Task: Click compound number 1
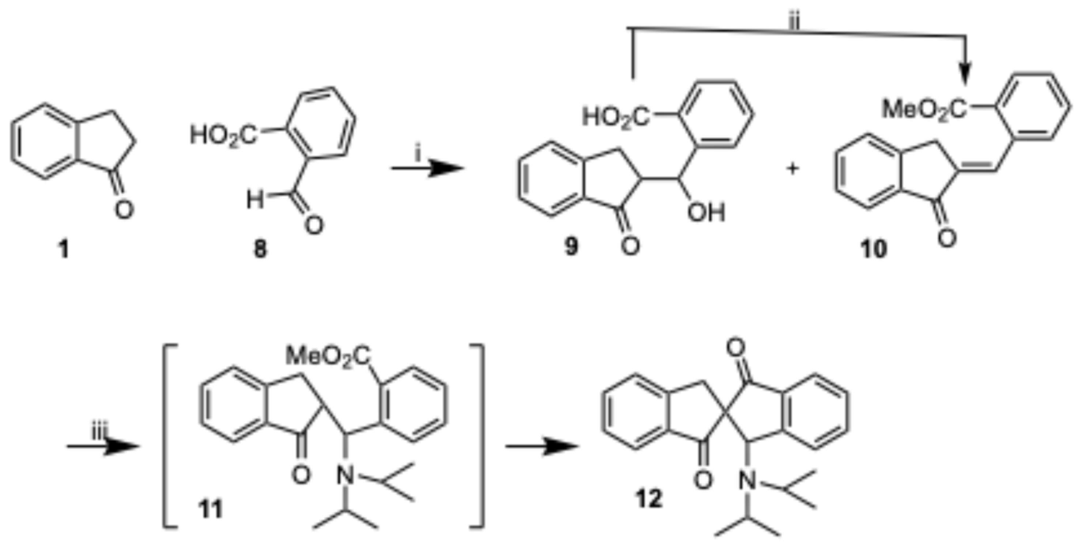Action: [63, 250]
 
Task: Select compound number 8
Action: [260, 250]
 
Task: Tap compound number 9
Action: [571, 247]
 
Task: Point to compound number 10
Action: [874, 249]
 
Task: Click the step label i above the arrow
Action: [418, 155]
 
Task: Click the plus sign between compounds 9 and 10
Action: [793, 169]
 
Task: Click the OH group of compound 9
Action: [706, 213]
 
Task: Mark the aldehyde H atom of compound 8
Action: [255, 200]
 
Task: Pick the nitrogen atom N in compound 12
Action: [747, 481]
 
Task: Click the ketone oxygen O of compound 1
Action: [124, 210]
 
